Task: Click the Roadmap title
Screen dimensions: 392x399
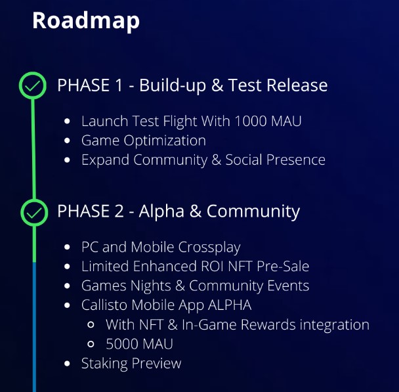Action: (86, 20)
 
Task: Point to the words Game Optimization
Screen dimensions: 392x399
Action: (143, 141)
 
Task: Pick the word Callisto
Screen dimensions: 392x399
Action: (105, 305)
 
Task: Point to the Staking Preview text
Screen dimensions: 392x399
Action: (131, 363)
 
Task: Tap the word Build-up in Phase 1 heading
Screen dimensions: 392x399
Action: (177, 85)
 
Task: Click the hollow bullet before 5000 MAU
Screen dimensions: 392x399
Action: (93, 344)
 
